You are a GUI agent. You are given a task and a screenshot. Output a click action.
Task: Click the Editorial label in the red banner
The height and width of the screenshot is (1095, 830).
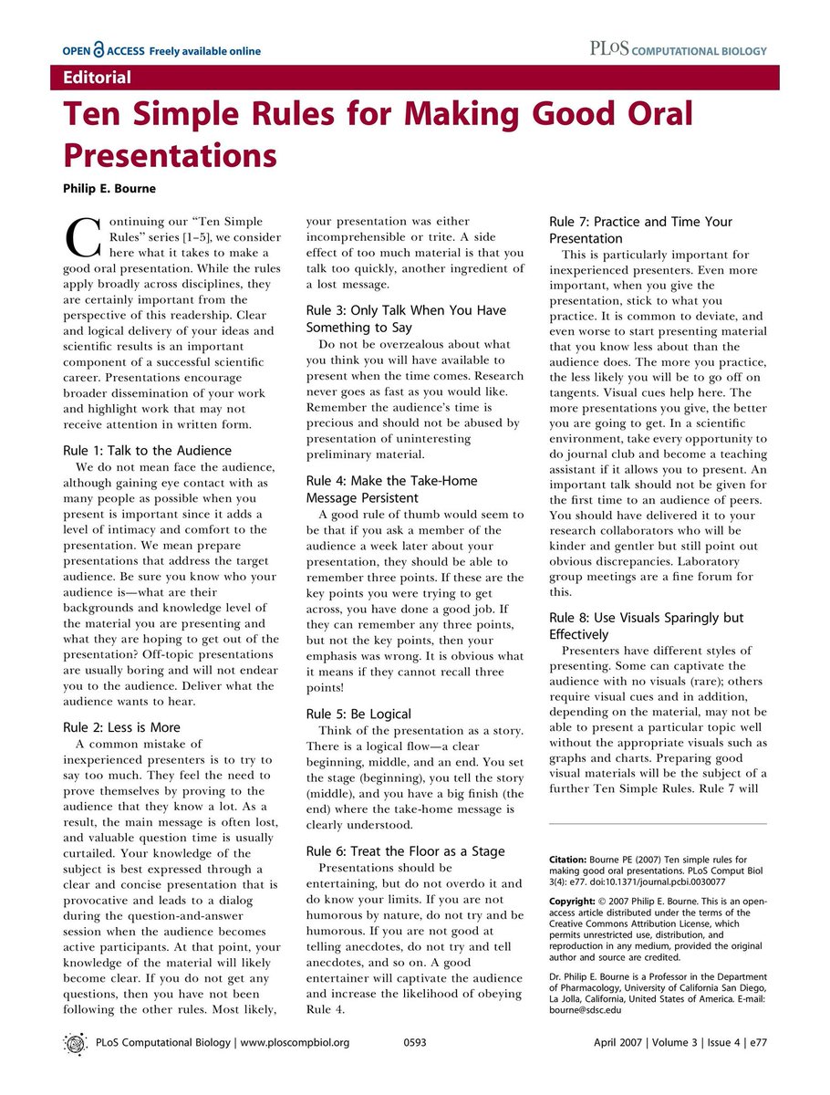click(97, 78)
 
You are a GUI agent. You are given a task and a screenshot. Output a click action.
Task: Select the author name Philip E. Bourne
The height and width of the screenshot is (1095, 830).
click(110, 189)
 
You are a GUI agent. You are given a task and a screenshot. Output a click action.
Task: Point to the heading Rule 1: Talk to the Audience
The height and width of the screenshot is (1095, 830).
click(147, 451)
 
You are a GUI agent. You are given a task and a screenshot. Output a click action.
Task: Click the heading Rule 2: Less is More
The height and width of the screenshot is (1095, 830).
click(121, 727)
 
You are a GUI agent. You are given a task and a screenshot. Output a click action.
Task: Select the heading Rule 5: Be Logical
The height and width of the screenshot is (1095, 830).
click(358, 714)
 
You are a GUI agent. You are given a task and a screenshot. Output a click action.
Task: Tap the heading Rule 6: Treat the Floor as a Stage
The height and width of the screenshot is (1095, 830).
click(405, 850)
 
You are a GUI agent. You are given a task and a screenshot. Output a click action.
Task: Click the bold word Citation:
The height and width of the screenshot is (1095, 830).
click(572, 859)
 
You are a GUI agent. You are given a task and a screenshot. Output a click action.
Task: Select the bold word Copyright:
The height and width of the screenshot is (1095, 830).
click(576, 901)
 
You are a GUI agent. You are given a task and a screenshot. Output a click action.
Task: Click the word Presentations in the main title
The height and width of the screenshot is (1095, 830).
click(170, 154)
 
